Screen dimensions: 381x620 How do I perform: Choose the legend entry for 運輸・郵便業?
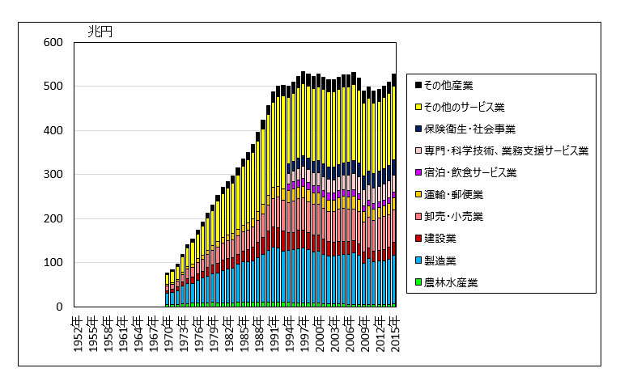[x=453, y=195]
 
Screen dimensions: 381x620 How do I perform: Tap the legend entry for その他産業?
[x=453, y=85]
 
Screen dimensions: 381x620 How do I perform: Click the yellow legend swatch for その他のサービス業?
[x=418, y=107]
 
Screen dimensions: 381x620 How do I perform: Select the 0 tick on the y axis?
[x=58, y=307]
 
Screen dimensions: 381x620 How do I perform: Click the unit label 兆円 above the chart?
[x=100, y=32]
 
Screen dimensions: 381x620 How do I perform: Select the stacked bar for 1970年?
[x=168, y=291]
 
